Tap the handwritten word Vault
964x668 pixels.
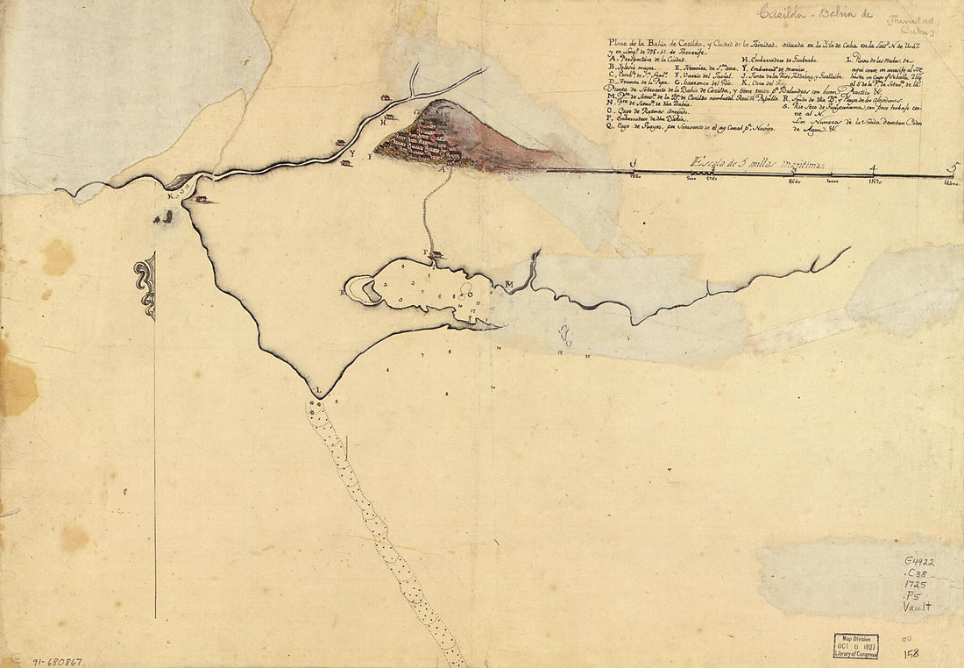[917, 606]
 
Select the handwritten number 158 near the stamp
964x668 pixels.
[911, 653]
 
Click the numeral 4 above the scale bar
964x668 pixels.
[872, 167]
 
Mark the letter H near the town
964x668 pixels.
[384, 122]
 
